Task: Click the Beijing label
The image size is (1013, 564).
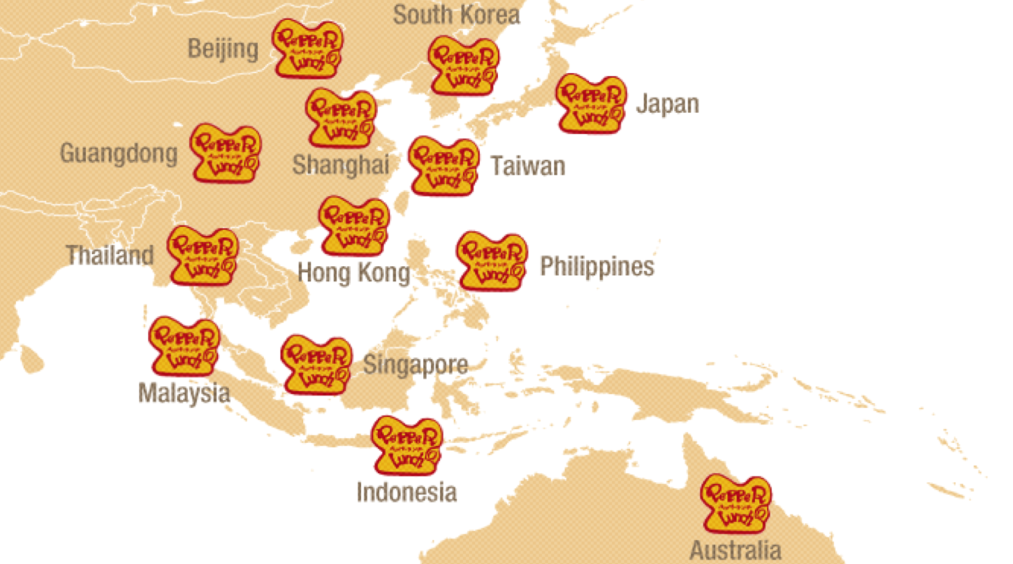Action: pyautogui.click(x=223, y=49)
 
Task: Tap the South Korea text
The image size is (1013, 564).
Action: pyautogui.click(x=456, y=15)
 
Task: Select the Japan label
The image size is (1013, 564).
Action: pyautogui.click(x=667, y=104)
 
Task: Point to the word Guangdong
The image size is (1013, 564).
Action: pyautogui.click(x=118, y=153)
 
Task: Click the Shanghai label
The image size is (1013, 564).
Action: pyautogui.click(x=340, y=165)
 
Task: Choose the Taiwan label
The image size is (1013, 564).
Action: pyautogui.click(x=528, y=166)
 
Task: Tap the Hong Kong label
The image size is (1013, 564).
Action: pyautogui.click(x=353, y=273)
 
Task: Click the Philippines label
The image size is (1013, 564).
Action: pyautogui.click(x=597, y=267)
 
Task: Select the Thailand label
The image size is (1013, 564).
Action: pyautogui.click(x=109, y=255)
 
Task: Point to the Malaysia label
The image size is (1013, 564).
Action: pyautogui.click(x=184, y=393)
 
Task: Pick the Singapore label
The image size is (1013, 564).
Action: pyautogui.click(x=415, y=365)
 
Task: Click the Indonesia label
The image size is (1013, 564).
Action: pyautogui.click(x=406, y=492)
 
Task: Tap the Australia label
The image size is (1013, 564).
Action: pyautogui.click(x=735, y=550)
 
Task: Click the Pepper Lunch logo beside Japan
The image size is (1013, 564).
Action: pyautogui.click(x=591, y=104)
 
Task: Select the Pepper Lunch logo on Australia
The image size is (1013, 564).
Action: pyautogui.click(x=736, y=504)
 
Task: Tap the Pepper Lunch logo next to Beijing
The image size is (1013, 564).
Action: pyautogui.click(x=307, y=49)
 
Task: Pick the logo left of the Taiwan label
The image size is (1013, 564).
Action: pyautogui.click(x=444, y=166)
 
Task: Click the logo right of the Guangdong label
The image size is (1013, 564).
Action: pyautogui.click(x=225, y=153)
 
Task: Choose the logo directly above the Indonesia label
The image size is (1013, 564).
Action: pyautogui.click(x=406, y=446)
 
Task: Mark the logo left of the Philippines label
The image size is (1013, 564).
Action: pyautogui.click(x=492, y=261)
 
